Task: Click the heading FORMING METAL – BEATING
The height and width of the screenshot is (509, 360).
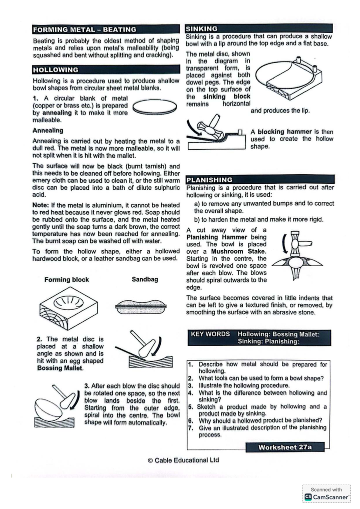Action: point(85,30)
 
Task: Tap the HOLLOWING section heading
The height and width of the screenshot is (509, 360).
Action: point(55,70)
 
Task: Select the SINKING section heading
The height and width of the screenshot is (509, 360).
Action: point(202,29)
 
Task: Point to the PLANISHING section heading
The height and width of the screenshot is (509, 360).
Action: point(209,180)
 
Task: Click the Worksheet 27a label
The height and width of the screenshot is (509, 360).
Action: point(285,447)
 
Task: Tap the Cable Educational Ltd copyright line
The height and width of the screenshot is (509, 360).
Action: point(183,460)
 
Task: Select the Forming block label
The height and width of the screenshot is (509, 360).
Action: point(66,279)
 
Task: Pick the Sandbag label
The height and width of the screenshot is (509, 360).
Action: point(145,279)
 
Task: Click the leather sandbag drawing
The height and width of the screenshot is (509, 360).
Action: point(141,307)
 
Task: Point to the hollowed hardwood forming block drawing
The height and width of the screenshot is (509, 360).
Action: point(68,308)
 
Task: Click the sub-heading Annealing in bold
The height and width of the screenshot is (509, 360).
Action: point(48,130)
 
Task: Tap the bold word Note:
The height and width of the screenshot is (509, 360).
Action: point(41,205)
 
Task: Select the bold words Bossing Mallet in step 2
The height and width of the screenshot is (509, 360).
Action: point(60,368)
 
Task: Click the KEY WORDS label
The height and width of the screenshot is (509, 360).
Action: point(210,334)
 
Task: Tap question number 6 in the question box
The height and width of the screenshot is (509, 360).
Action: point(191,421)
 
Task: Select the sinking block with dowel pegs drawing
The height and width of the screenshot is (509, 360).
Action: point(288,79)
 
